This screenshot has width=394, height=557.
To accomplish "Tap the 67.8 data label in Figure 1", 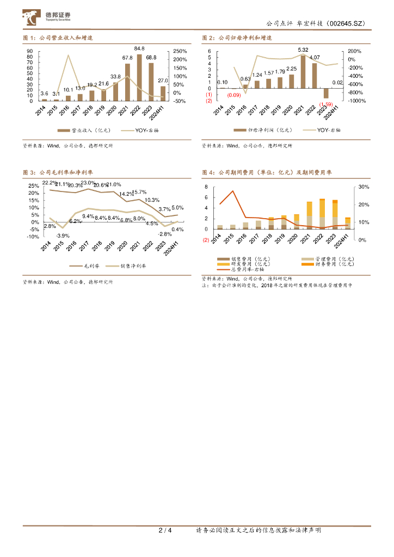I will point(127,58).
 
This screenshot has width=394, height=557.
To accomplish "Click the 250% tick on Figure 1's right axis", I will point(180,51).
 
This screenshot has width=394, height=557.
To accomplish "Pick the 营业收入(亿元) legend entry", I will point(79,131).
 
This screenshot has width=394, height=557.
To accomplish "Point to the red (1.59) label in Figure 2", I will point(325,104).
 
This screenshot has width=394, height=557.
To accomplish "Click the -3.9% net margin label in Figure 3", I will point(63,235).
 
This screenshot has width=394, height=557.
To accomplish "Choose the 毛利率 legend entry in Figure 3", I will point(82,266).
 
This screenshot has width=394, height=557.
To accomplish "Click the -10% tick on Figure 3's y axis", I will point(33,237).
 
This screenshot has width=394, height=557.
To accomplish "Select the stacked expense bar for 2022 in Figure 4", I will point(322,214).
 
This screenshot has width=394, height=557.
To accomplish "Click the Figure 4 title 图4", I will point(208,172).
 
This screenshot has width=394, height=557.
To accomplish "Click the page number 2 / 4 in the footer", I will point(165,530).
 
